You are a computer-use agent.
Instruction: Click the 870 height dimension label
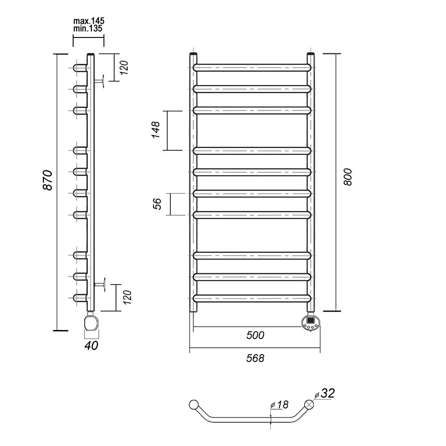click(x=48, y=180)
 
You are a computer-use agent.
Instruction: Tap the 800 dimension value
click(x=347, y=177)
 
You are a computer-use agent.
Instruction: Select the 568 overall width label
click(x=255, y=358)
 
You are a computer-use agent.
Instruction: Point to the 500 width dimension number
click(x=255, y=335)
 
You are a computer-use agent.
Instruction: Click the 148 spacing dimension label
click(x=156, y=130)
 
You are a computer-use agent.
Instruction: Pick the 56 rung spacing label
click(x=157, y=204)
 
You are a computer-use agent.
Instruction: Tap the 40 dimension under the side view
click(x=91, y=345)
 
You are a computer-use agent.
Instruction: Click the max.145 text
click(x=89, y=21)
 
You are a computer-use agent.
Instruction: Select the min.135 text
click(x=87, y=29)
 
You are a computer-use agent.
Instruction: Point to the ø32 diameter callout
click(x=325, y=393)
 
